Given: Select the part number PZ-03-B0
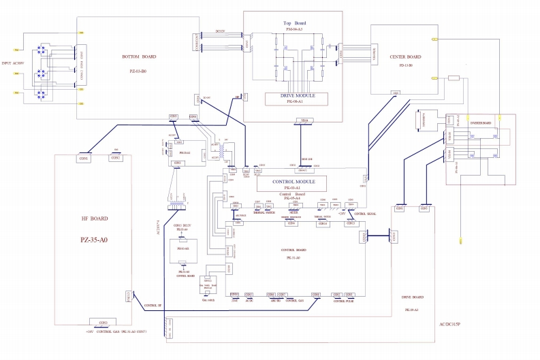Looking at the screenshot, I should coord(139,70).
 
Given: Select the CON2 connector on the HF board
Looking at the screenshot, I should coord(115,158).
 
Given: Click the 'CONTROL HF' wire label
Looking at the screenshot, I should coord(153,306).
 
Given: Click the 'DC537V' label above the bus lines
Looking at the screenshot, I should coord(220,31).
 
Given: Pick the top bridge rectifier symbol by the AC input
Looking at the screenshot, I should coord(41,49).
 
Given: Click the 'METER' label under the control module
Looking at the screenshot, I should coord(294,212).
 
